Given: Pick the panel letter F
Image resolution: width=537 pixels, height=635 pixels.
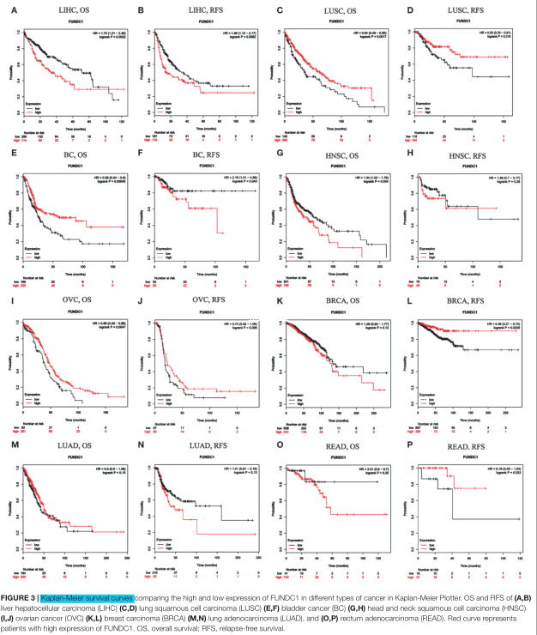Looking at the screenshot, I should click(143, 160).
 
